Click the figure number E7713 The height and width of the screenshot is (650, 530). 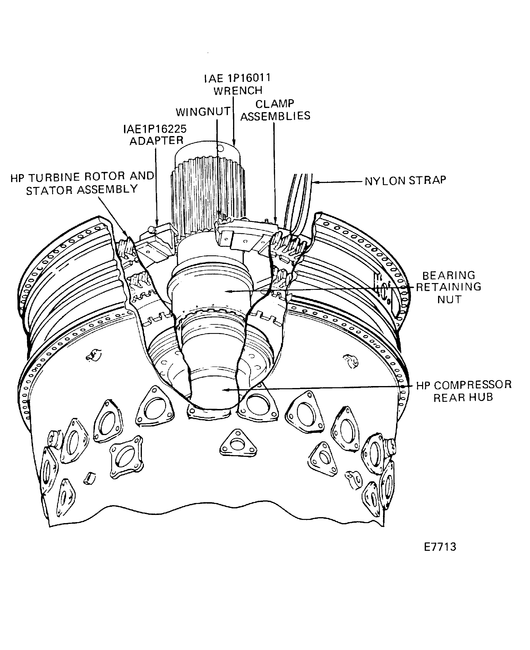tap(440, 547)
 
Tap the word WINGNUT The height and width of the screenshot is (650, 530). tap(203, 112)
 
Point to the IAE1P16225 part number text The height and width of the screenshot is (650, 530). tap(155, 129)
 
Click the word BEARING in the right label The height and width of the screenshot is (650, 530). tap(448, 275)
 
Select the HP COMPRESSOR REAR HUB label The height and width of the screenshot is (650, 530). tap(464, 391)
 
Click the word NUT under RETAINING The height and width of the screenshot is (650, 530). tap(449, 299)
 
